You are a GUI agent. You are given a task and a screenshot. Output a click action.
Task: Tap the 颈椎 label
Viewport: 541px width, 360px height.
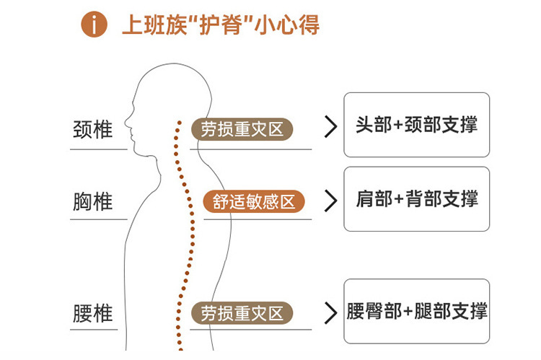tap(93, 130)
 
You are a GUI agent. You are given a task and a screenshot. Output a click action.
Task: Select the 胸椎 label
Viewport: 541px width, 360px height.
tap(93, 201)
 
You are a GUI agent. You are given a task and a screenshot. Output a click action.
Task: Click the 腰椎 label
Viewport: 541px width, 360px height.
tap(93, 314)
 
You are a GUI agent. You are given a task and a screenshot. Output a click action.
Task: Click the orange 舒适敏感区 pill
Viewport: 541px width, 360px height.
tap(255, 201)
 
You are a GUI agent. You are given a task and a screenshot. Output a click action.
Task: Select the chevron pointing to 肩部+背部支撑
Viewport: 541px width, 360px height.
tap(330, 201)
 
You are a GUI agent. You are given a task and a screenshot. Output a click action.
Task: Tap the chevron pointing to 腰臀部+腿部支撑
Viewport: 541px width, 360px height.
tap(330, 312)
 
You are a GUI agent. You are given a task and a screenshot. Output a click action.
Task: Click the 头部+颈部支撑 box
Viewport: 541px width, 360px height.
tap(416, 125)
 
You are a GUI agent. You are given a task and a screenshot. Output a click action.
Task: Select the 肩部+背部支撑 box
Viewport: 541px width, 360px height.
tap(416, 199)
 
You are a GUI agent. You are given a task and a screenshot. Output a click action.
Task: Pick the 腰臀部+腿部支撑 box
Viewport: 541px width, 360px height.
tap(416, 311)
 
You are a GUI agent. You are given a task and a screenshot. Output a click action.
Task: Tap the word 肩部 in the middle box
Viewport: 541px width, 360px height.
tap(374, 199)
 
